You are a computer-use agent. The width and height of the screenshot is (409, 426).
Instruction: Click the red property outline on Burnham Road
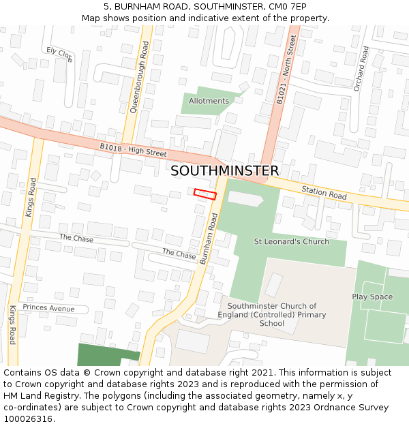coord(204,194)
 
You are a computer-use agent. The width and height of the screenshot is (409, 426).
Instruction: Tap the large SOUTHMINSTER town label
coord(224,171)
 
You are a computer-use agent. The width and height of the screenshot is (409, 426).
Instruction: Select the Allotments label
coord(209,101)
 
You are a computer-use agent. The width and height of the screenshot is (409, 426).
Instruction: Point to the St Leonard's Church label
coord(291,241)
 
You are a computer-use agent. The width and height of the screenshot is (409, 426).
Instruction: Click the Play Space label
coord(372,296)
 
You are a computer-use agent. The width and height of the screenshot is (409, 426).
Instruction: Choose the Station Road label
coord(324,194)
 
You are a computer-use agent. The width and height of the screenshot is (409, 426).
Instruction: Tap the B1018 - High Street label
coord(133,150)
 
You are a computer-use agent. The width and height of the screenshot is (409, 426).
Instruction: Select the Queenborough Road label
coord(138,76)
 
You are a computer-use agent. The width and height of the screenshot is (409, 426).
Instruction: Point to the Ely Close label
coord(59,54)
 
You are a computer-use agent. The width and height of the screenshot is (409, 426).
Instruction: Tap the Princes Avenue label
coord(48,308)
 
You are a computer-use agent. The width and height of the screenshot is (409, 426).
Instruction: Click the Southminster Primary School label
coord(272,315)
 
